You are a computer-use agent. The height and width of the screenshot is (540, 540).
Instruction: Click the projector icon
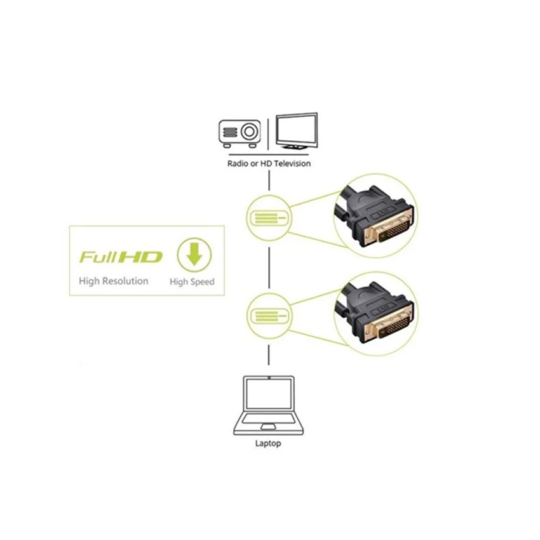(x=240, y=133)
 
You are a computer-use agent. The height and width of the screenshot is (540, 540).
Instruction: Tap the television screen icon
(x=297, y=131)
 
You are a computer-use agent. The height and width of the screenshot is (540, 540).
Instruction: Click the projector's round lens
(x=249, y=132)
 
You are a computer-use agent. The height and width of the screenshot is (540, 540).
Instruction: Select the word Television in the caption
(x=292, y=163)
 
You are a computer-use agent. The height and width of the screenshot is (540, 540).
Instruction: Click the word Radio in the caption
(x=238, y=163)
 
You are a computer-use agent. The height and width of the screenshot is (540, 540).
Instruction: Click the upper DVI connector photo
(x=375, y=216)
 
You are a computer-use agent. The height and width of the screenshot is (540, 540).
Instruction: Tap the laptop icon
(x=269, y=405)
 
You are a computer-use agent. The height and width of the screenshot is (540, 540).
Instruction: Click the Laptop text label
(x=268, y=443)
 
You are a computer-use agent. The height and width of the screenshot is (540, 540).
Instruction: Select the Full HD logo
(x=121, y=257)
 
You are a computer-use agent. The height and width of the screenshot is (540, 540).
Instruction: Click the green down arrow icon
(x=194, y=255)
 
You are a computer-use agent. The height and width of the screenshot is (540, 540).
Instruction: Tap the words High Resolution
(x=113, y=281)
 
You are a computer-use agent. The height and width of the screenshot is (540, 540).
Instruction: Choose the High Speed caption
(x=192, y=281)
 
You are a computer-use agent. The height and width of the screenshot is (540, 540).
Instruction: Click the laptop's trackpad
(x=269, y=427)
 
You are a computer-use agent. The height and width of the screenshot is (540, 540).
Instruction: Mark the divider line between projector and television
(x=268, y=134)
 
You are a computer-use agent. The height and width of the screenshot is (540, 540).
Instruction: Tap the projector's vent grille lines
(x=230, y=132)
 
